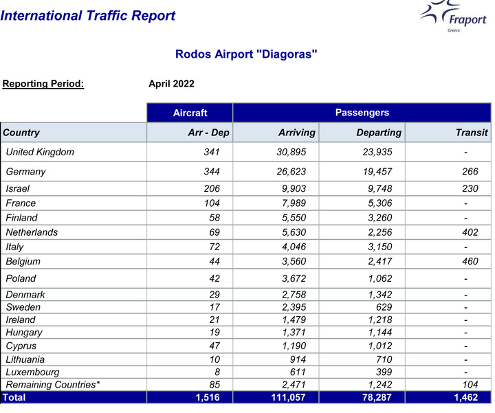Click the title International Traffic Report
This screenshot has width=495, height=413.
pos(88,16)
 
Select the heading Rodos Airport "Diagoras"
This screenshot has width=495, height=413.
pos(246,54)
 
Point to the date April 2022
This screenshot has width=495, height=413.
pos(171,84)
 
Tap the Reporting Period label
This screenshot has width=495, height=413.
pos(43,84)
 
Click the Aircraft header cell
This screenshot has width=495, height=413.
pos(190,113)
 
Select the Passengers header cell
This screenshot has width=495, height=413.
pos(362,113)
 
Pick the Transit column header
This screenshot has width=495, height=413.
pos(472,133)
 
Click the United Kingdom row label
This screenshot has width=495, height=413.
pos(40,152)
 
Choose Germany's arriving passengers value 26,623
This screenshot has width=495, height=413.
pos(296,171)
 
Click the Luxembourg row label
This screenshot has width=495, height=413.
pos(30,372)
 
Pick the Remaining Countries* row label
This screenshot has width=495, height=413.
pos(53,384)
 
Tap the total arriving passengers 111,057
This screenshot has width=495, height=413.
pos(292,397)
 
